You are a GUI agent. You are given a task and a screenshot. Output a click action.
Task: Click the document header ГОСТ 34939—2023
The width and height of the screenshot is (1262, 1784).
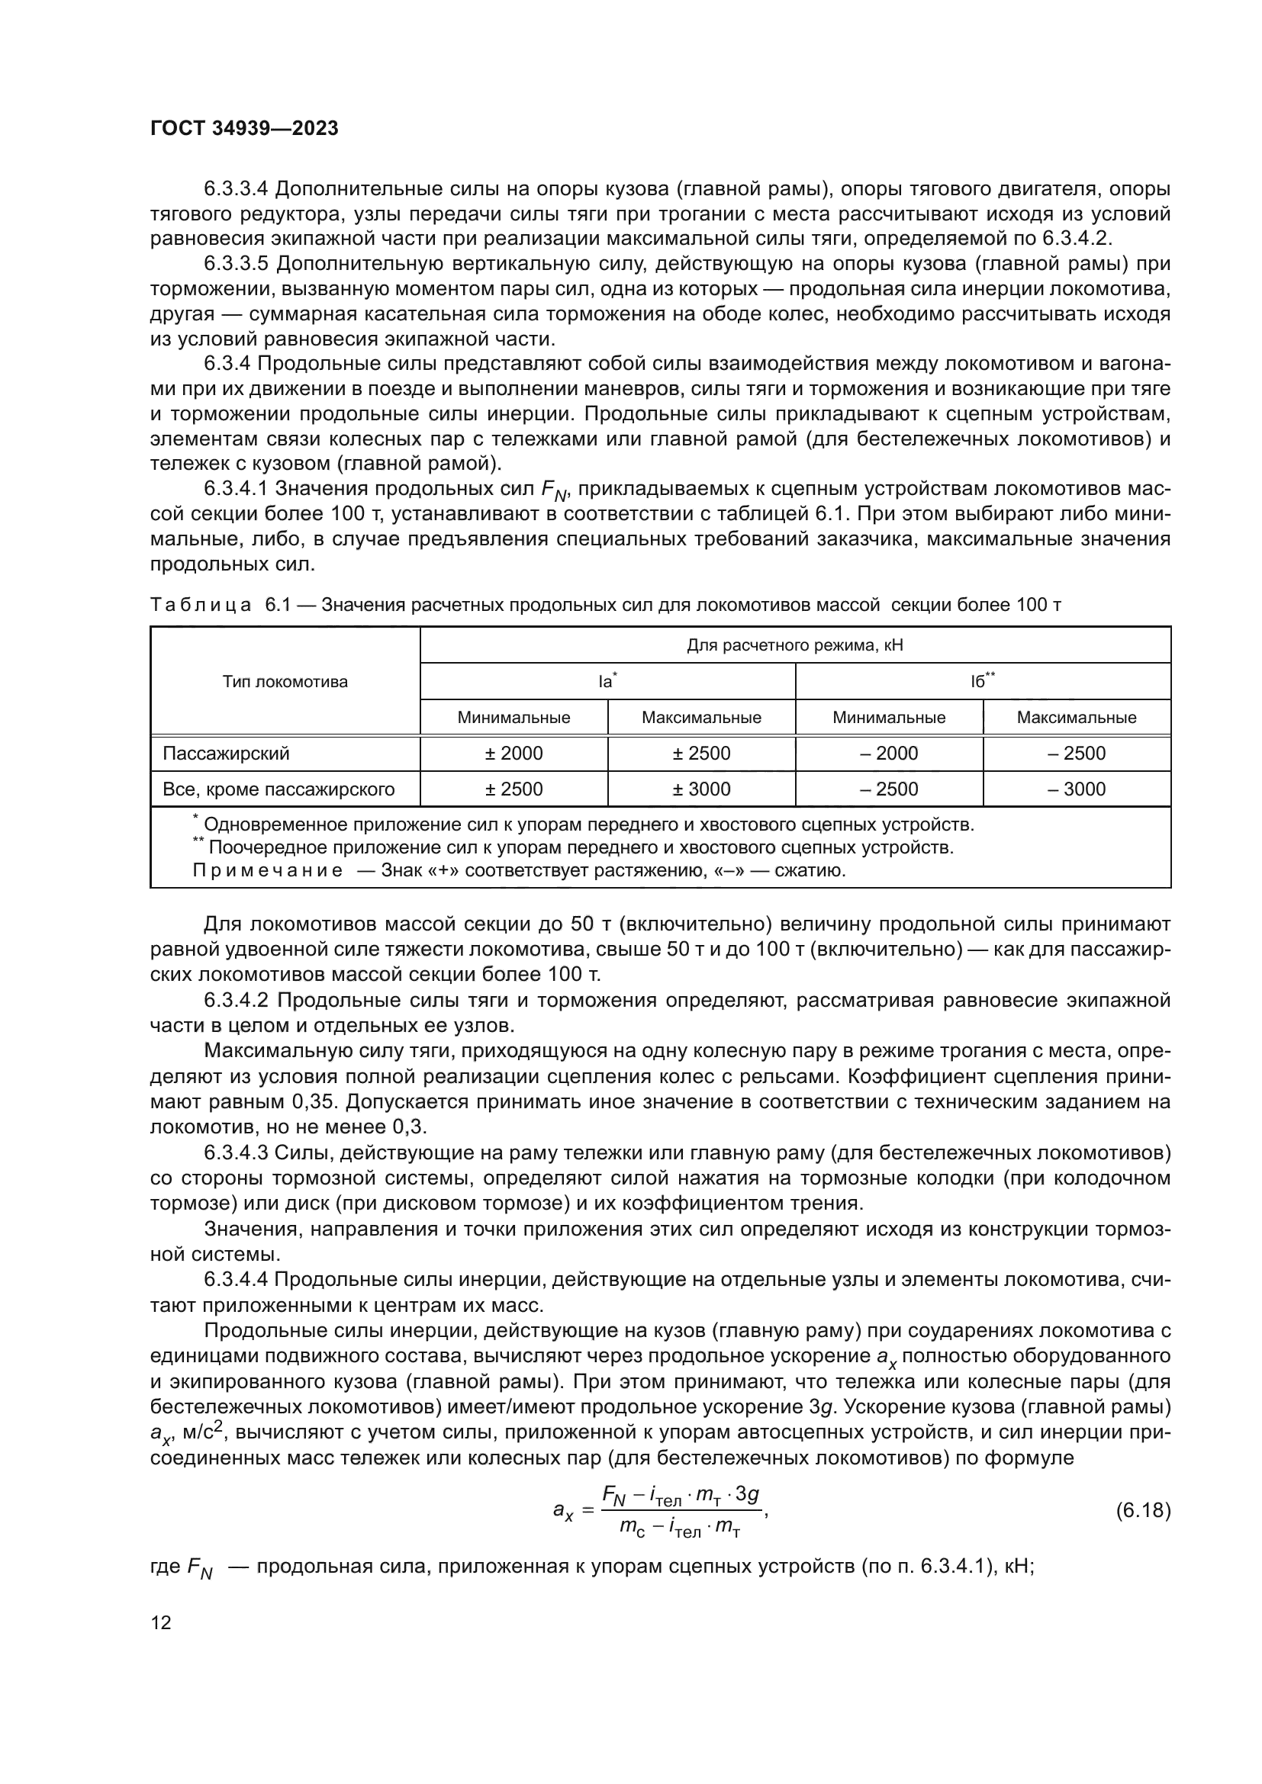pos(244,129)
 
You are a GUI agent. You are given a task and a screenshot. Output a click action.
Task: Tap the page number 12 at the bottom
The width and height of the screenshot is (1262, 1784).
pos(161,1622)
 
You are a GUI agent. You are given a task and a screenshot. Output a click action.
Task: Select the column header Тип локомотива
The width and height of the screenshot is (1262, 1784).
pos(285,682)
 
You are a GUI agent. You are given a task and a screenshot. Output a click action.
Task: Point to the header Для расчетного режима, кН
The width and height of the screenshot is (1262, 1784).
pos(795,646)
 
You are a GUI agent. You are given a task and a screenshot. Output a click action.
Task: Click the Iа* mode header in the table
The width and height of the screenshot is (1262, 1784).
pos(607,681)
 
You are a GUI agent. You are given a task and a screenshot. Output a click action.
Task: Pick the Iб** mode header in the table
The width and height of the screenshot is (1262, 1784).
pos(982,681)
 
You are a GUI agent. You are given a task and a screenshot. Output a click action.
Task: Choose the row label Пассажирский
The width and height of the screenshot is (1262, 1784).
pos(226,754)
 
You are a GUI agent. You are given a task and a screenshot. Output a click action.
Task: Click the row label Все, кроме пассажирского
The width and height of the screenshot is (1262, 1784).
pos(278,789)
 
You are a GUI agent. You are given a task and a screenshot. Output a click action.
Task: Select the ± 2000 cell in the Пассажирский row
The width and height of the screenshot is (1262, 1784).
pos(513,754)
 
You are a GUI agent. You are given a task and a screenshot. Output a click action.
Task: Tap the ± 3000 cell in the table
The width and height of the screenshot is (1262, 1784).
pos(701,789)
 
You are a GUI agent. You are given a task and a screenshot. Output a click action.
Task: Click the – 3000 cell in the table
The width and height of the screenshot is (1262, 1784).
pos(1077,789)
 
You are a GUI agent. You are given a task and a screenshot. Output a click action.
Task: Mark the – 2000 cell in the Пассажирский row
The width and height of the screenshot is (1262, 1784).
pos(889,754)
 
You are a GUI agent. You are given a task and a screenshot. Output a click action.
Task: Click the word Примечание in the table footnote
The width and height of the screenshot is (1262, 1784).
pos(267,870)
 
